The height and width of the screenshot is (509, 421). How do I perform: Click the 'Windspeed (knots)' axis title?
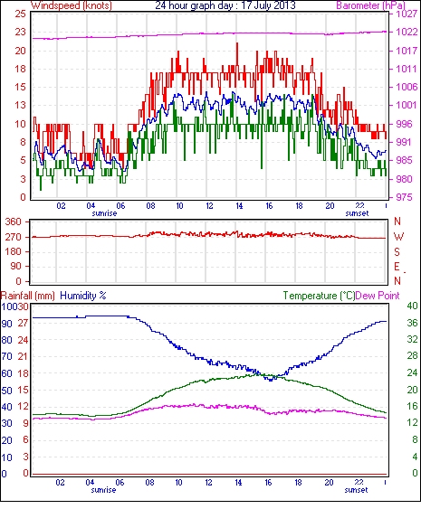point(72,5)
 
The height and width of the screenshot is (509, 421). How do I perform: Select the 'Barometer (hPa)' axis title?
point(371,5)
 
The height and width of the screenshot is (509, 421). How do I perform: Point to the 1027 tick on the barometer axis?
point(407,14)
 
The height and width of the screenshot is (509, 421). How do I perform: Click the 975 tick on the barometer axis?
point(404,197)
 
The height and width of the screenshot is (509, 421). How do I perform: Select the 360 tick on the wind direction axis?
point(14,222)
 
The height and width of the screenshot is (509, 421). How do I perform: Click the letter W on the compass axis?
point(398,237)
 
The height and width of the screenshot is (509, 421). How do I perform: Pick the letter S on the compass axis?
point(397,251)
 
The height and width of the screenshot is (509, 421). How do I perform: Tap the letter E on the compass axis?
point(397,267)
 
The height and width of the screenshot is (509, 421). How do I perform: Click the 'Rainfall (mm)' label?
point(28,296)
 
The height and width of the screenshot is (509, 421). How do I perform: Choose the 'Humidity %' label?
point(83,296)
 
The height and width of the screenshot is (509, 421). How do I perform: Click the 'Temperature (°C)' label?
point(319,296)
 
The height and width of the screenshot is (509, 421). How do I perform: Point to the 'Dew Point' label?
point(378,296)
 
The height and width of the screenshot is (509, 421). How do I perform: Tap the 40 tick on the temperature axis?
point(412,306)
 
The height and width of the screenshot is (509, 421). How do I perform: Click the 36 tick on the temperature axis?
point(412,323)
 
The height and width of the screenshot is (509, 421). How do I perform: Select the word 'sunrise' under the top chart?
point(104,213)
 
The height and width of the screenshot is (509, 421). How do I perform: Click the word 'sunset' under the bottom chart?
point(357,490)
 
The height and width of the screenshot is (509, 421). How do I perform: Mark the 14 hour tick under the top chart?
point(239,206)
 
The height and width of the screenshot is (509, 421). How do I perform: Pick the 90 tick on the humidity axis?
point(6,324)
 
